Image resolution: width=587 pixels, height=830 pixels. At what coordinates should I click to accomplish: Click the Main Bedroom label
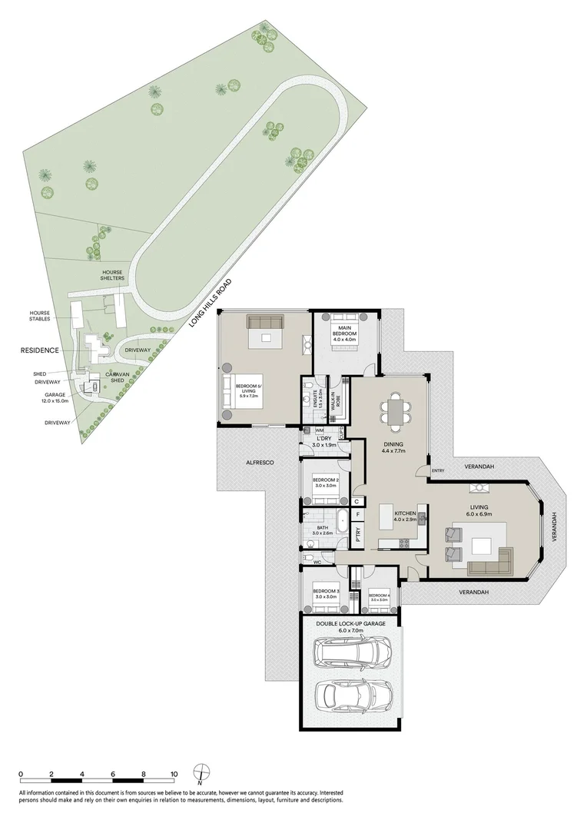pyautogui.click(x=343, y=330)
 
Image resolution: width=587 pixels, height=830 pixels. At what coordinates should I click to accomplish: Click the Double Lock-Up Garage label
pyautogui.click(x=349, y=626)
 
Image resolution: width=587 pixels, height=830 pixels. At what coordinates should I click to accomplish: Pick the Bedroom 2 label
pyautogui.click(x=326, y=483)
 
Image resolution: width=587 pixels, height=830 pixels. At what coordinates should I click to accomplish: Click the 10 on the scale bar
pyautogui.click(x=174, y=774)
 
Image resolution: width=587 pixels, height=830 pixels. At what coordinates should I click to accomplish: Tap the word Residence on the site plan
pyautogui.click(x=38, y=350)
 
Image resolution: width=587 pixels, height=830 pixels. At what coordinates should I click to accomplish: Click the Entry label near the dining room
pyautogui.click(x=438, y=471)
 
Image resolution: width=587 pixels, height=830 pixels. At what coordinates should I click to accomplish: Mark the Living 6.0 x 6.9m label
pyautogui.click(x=480, y=510)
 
